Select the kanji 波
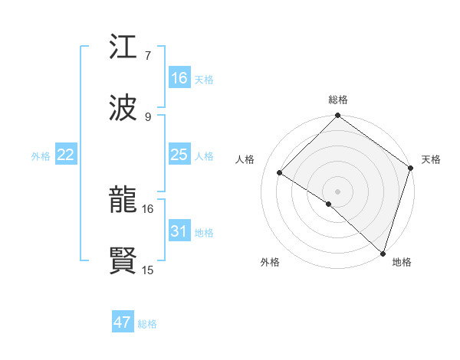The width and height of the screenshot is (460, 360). (123, 108)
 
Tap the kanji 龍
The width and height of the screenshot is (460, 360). (123, 201)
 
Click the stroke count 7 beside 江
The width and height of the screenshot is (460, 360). (147, 55)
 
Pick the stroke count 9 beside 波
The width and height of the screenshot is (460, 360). (147, 116)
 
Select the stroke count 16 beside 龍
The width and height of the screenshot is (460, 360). (148, 208)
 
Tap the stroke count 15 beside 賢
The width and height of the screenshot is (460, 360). (148, 270)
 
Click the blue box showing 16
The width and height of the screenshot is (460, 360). (179, 77)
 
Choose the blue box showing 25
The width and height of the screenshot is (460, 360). (179, 155)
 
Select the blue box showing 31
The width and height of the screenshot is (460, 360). (179, 231)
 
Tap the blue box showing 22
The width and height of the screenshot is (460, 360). (66, 155)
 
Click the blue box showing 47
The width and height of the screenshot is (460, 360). (123, 322)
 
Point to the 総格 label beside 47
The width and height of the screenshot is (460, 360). (147, 324)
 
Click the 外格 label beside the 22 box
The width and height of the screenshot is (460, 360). (41, 156)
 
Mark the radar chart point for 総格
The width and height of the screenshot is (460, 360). (337, 116)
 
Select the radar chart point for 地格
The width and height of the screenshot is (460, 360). (383, 253)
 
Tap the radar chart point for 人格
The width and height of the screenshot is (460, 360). (280, 172)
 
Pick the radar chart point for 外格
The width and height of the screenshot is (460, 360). (328, 204)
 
